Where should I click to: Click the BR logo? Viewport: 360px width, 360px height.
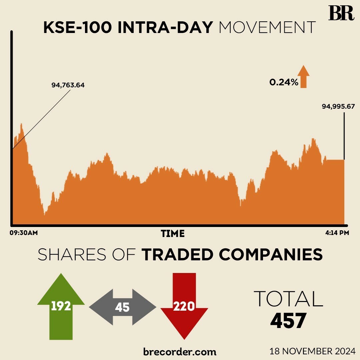[x=341, y=13]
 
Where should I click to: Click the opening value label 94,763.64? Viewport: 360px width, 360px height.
[x=68, y=85]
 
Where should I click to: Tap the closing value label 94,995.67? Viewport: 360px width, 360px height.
[x=338, y=107]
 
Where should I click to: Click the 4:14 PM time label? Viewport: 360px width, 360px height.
[x=337, y=233]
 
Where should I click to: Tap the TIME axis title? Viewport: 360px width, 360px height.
[x=173, y=234]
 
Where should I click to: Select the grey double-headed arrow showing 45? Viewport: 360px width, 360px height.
[x=122, y=307]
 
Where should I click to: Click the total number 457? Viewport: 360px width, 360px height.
[x=288, y=321]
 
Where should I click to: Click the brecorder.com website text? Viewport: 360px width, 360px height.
[x=180, y=351]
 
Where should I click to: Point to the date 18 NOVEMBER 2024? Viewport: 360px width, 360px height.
[x=313, y=351]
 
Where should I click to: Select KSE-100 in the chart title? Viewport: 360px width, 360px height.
[x=78, y=28]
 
